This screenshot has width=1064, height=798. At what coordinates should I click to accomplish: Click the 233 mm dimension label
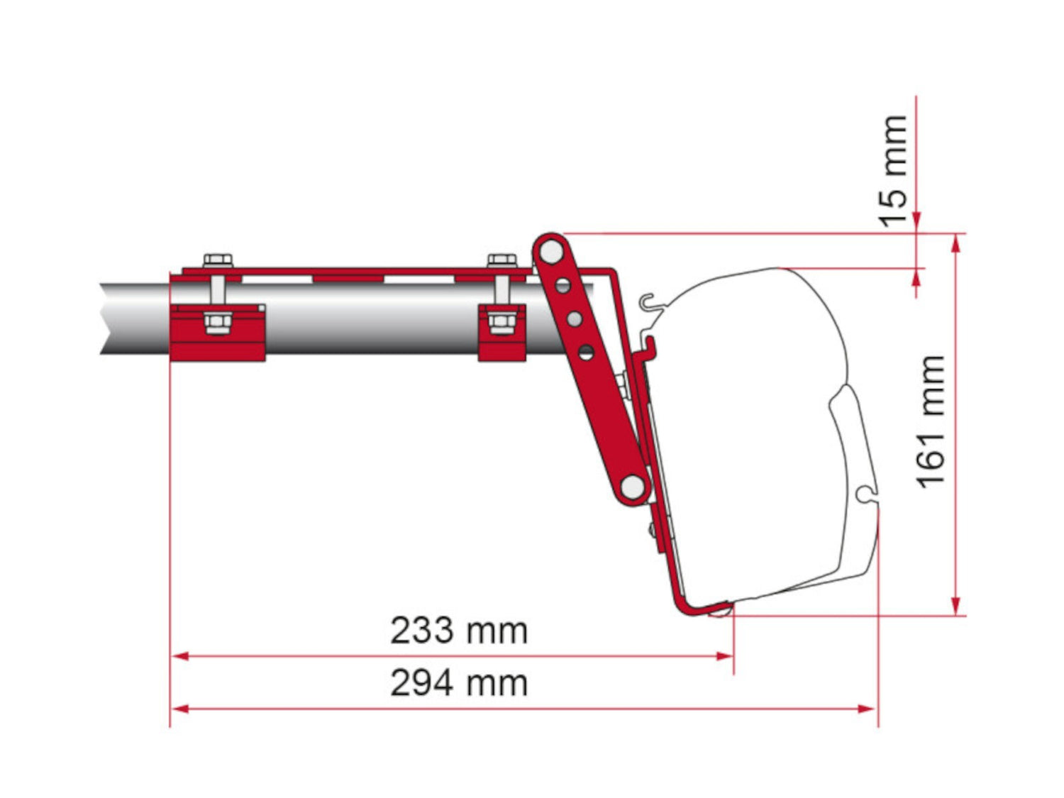click(459, 631)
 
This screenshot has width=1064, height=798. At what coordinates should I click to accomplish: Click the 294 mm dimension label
click(459, 683)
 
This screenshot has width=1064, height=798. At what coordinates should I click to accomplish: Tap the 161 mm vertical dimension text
click(931, 422)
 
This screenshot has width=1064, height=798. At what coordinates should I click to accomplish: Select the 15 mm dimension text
click(894, 171)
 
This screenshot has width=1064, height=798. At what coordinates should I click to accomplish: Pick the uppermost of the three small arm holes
click(563, 286)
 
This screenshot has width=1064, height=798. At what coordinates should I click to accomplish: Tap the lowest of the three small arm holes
click(586, 351)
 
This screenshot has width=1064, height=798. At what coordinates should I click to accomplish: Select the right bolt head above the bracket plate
click(501, 260)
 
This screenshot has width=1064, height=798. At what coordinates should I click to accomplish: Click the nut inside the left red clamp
click(216, 323)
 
